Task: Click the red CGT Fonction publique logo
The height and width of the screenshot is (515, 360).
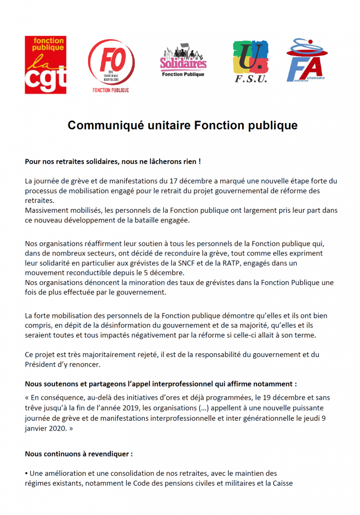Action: click(45, 65)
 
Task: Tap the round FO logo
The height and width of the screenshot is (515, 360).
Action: click(111, 65)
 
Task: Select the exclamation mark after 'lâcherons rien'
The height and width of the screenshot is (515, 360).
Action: click(199, 161)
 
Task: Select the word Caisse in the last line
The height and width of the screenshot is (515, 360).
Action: click(282, 483)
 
